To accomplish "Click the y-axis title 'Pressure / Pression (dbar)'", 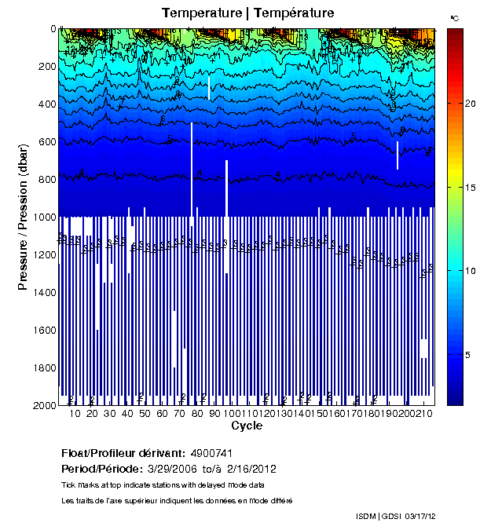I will tap(23, 217).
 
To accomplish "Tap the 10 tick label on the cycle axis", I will tap(75, 414).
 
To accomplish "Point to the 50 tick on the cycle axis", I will tap(145, 414).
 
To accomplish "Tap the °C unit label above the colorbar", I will tap(455, 16).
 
